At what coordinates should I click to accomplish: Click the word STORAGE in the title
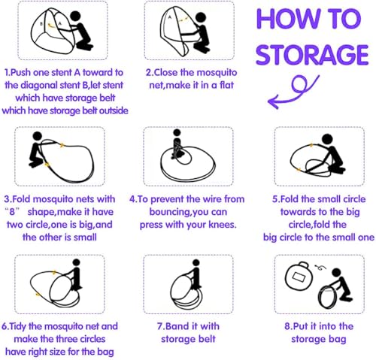point(312,54)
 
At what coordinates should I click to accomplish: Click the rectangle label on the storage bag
point(299,277)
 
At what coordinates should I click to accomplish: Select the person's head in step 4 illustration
point(177,132)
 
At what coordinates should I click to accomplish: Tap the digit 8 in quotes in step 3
point(12,212)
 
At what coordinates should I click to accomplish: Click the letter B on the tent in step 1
point(41,23)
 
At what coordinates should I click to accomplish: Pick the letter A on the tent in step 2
point(170,17)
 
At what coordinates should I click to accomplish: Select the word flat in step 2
point(226,85)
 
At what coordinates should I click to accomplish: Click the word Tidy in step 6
point(18,326)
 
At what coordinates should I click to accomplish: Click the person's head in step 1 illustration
point(75,16)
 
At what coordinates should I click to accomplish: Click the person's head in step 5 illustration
point(328,139)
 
